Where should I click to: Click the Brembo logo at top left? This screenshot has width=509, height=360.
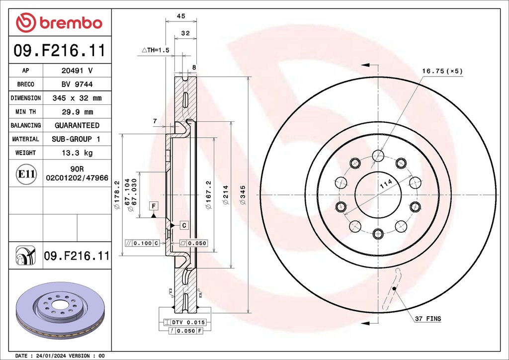coord(59,22)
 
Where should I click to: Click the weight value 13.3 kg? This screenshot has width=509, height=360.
coord(77,153)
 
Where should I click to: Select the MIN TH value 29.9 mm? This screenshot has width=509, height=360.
coord(77,112)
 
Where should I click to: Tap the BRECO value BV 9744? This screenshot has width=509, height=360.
coord(77,85)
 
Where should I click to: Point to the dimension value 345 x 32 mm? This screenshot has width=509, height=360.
coord(77,98)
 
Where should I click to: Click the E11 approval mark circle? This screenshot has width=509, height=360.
coord(26,175)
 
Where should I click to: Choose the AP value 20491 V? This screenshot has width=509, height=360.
coord(77,71)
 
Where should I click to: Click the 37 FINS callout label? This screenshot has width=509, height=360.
coord(428,319)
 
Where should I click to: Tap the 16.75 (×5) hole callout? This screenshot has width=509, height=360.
coord(442,71)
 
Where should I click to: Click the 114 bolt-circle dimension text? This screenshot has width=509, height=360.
coord(386,184)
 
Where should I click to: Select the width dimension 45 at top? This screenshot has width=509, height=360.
coord(181,16)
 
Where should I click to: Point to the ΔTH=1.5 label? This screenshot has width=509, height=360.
coord(156,50)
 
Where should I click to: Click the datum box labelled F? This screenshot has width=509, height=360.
coord(154,205)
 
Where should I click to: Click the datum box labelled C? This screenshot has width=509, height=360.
coord(184,225)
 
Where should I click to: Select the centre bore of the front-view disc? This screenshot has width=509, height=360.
coord(378,194)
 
